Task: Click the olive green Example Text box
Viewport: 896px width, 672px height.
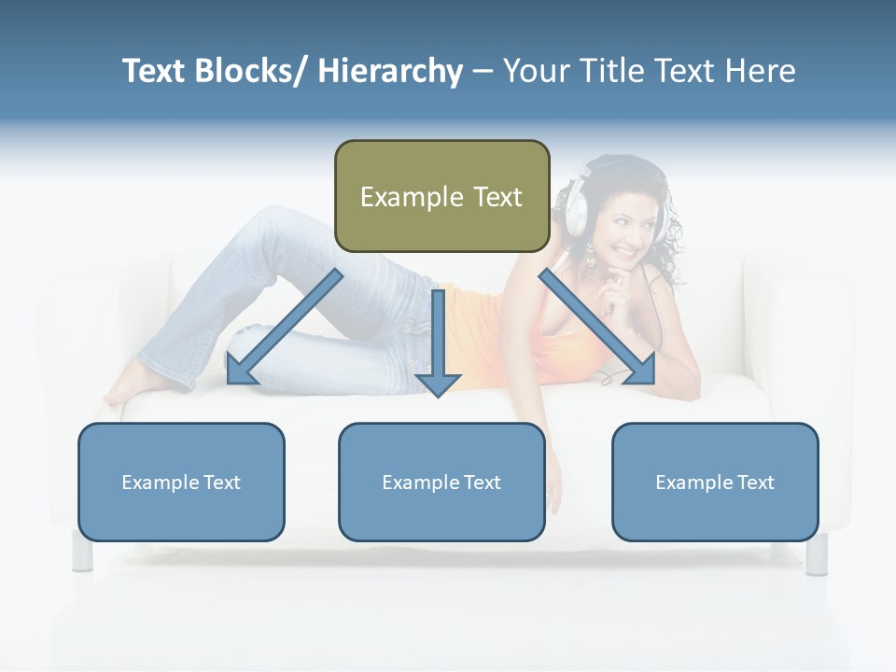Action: [x=441, y=196]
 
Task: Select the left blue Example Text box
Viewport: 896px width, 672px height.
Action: [x=181, y=482]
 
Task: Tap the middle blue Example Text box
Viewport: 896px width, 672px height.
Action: [x=441, y=482]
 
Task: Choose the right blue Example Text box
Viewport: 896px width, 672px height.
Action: [x=715, y=482]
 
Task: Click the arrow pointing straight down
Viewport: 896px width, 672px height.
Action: [x=438, y=345]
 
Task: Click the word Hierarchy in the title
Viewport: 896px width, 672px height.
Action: [x=390, y=71]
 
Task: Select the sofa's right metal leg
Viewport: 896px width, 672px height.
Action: [x=817, y=553]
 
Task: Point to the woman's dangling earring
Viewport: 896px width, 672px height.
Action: [x=590, y=258]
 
